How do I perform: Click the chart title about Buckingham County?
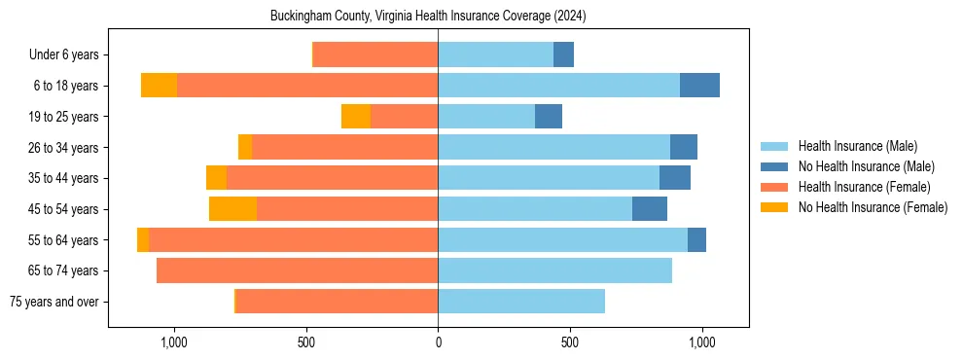[x=428, y=17]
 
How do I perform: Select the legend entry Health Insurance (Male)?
[x=857, y=146]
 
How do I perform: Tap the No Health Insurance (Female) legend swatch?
[x=774, y=207]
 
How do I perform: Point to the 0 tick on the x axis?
[x=438, y=342]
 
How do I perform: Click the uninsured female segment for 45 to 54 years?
[x=232, y=209]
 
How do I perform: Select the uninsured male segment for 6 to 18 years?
[x=699, y=86]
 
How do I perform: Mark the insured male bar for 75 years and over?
[x=521, y=302]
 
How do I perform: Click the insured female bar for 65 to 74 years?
[x=297, y=270]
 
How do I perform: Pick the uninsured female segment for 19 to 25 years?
[x=356, y=117]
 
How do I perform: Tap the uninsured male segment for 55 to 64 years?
[x=696, y=240]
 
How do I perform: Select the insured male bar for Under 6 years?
[x=495, y=55]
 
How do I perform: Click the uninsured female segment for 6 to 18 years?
[x=159, y=86]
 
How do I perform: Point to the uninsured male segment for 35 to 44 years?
[x=675, y=178]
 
